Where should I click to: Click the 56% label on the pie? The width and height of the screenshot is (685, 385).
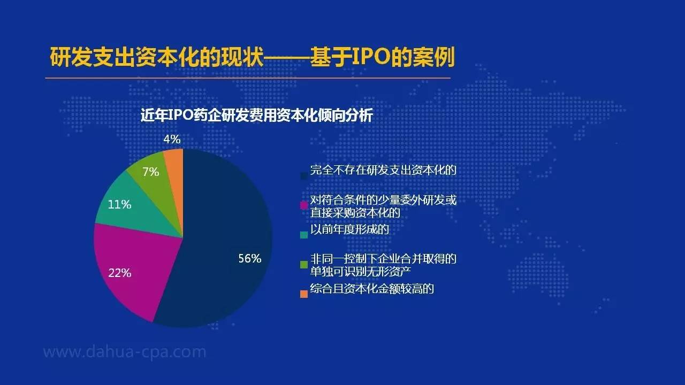(250, 258)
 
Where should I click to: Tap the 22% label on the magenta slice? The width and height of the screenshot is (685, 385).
(119, 273)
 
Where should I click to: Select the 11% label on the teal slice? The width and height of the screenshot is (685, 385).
(119, 204)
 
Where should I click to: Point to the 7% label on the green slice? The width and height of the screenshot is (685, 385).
(151, 172)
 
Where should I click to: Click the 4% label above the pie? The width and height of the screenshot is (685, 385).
(172, 140)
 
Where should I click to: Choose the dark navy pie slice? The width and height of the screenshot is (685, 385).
(220, 238)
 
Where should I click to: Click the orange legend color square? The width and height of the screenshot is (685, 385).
(304, 294)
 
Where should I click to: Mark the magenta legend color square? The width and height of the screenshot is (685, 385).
(304, 205)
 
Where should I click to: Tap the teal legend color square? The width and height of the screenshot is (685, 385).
(304, 235)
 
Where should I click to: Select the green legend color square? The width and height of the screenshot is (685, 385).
(304, 265)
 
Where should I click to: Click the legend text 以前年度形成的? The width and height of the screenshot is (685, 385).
(349, 229)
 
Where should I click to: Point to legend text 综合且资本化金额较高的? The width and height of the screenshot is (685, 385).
(372, 288)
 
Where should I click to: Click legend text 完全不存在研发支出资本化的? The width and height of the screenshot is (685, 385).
(383, 170)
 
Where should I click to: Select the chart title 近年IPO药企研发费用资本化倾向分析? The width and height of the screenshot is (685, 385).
(257, 115)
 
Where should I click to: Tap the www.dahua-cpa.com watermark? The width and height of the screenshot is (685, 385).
(125, 352)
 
